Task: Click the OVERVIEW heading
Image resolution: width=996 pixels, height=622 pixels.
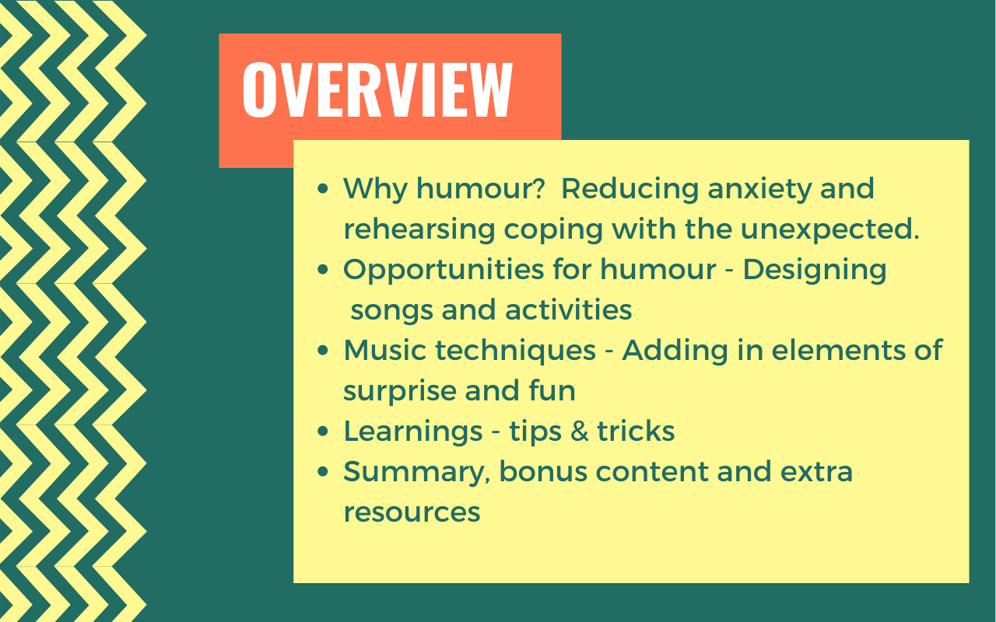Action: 377,89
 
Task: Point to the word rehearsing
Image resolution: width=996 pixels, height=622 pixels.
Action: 419,230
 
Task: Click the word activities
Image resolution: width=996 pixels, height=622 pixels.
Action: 568,309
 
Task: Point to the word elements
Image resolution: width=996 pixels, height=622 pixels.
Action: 839,350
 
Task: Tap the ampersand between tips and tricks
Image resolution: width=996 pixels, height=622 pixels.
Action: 580,432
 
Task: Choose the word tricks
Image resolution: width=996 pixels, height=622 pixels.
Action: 636,431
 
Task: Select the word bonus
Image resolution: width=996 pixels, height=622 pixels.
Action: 543,471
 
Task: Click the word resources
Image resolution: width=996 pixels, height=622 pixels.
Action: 412,512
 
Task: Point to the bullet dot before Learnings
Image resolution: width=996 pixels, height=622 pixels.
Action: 323,431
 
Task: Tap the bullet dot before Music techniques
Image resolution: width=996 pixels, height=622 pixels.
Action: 323,350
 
